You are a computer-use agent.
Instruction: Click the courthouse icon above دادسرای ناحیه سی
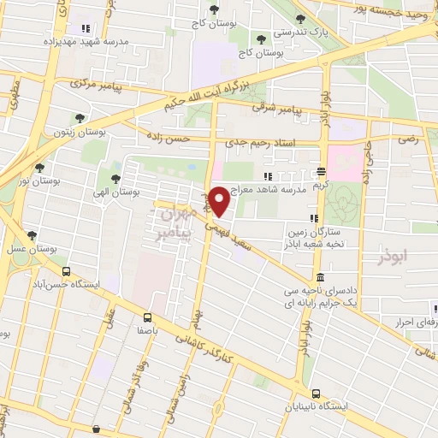point(319,277)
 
